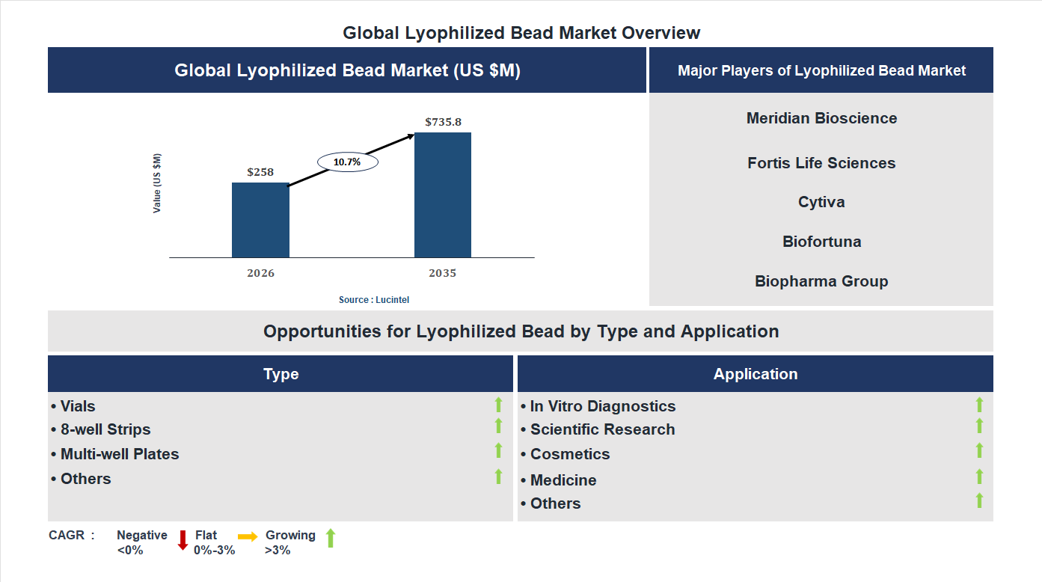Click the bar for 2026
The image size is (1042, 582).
pyautogui.click(x=260, y=220)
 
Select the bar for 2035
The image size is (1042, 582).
pyautogui.click(x=443, y=195)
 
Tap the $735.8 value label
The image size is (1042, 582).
pyautogui.click(x=443, y=122)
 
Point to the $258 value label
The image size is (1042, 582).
pyautogui.click(x=260, y=172)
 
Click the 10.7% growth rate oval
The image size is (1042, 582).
pyautogui.click(x=348, y=162)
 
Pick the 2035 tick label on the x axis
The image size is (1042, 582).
pyautogui.click(x=443, y=273)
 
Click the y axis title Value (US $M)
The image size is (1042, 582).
pyautogui.click(x=157, y=183)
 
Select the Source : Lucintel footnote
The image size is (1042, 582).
pyautogui.click(x=374, y=300)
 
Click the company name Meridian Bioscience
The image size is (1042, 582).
pyautogui.click(x=821, y=118)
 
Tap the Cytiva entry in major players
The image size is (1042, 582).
pyautogui.click(x=821, y=202)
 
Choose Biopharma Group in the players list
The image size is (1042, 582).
pyautogui.click(x=821, y=281)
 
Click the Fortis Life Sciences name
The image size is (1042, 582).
pyautogui.click(x=821, y=163)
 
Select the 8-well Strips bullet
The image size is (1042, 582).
pyautogui.click(x=101, y=429)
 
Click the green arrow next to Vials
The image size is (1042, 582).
pyautogui.click(x=498, y=405)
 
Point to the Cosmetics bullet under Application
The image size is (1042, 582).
pyautogui.click(x=566, y=454)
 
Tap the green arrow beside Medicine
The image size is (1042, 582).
pyautogui.click(x=979, y=477)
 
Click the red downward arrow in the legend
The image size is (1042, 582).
pyautogui.click(x=183, y=540)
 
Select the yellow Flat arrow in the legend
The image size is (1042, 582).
pyautogui.click(x=248, y=536)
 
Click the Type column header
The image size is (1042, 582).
pyautogui.click(x=281, y=374)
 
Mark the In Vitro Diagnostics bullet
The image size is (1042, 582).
pyautogui.click(x=598, y=406)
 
